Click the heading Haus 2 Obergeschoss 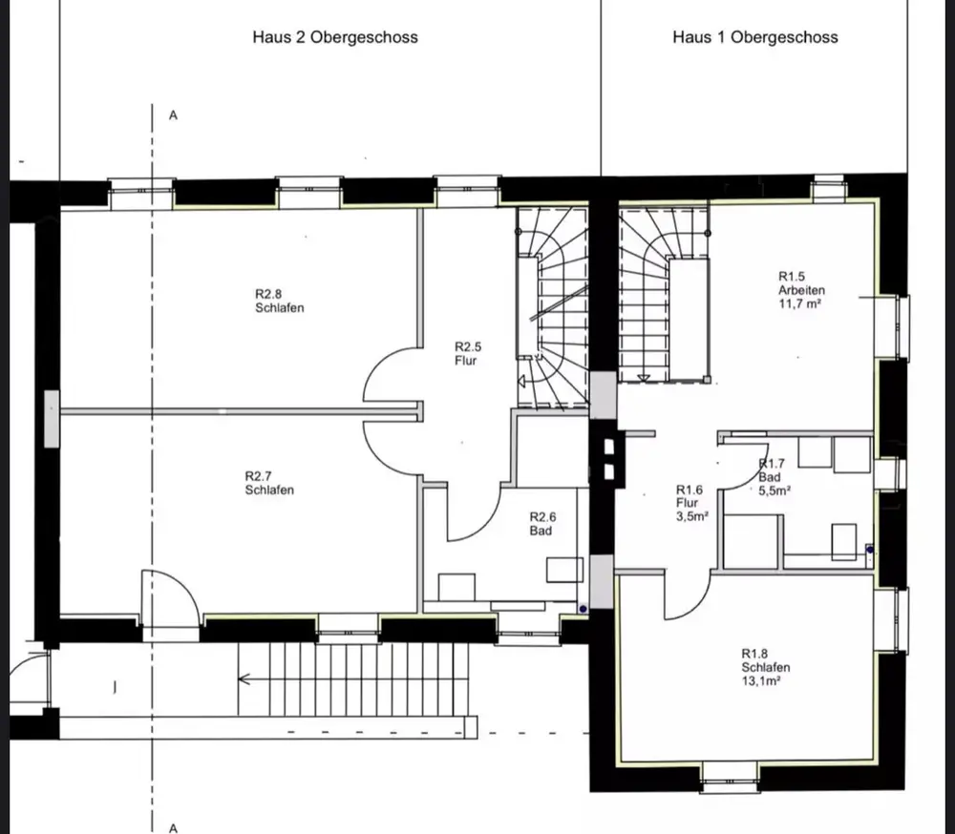click(335, 37)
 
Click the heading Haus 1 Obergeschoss click(755, 37)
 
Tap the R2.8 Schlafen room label click(280, 301)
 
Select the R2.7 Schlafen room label click(269, 483)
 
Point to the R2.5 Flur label click(468, 353)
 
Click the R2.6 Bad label click(542, 524)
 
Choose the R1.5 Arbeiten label click(801, 283)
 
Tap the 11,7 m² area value click(799, 303)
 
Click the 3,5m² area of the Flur click(691, 517)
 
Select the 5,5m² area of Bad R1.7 click(775, 490)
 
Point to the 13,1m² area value click(761, 680)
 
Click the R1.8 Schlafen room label click(766, 660)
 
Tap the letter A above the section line click(173, 115)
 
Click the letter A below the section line click(173, 828)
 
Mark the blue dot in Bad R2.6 click(583, 608)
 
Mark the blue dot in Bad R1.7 click(870, 550)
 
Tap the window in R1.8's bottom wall click(729, 776)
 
